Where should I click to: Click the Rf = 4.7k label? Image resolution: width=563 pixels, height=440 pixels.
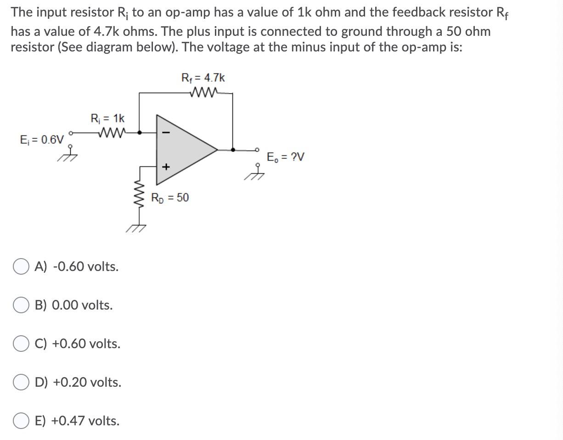point(203,78)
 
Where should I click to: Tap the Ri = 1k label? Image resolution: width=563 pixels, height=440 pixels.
point(107,118)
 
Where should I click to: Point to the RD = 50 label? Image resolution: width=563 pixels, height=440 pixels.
point(170,198)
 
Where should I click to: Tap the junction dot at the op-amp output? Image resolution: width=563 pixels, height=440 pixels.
point(233,149)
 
